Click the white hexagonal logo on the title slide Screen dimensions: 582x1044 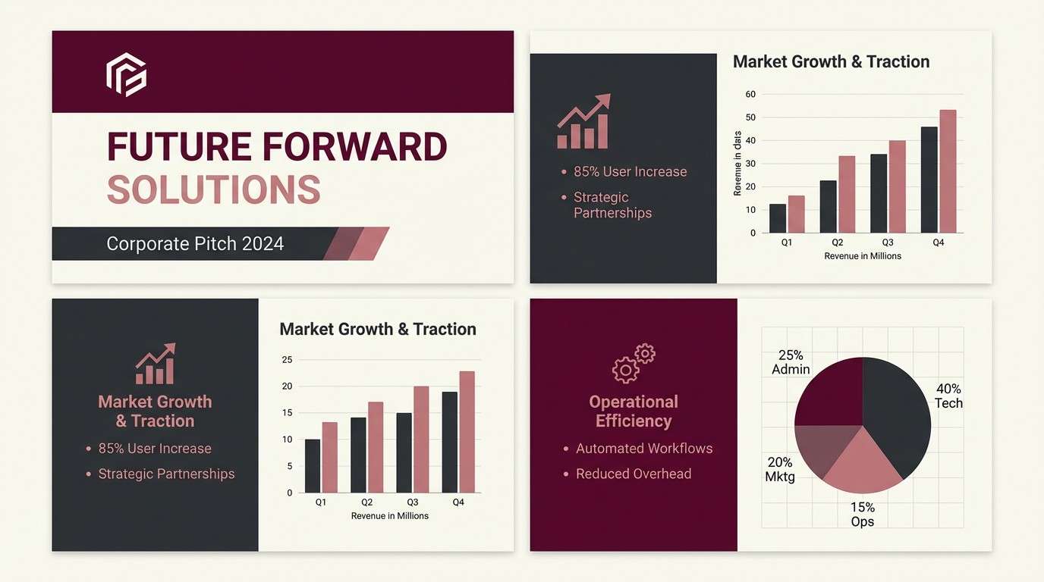click(126, 74)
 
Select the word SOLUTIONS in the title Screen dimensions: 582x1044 click(213, 189)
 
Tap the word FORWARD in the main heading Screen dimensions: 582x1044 click(355, 147)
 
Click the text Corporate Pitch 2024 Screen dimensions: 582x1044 click(195, 244)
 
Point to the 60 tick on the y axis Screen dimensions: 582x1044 click(750, 95)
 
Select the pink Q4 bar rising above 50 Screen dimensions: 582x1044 click(948, 171)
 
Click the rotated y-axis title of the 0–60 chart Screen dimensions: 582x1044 click(737, 164)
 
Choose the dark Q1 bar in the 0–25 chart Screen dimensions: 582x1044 click(313, 465)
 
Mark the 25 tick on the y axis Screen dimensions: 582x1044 click(287, 360)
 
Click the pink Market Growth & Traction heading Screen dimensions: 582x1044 click(155, 411)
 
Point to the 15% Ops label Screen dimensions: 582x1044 click(863, 515)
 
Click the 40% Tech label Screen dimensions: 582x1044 click(948, 396)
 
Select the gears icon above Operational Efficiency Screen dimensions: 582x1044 click(634, 363)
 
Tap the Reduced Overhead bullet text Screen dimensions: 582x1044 click(634, 474)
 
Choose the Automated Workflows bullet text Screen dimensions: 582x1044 click(644, 449)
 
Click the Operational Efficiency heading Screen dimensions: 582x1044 click(634, 411)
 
